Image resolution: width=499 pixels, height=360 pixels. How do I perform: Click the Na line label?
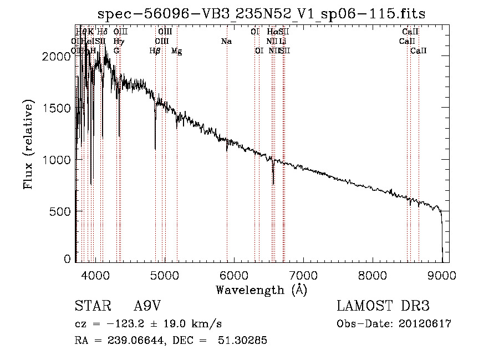[226, 41]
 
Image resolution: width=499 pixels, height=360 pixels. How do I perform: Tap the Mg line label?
[176, 51]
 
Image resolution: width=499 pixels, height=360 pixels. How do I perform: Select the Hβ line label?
[155, 51]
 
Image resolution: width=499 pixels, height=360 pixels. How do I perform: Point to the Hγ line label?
[118, 41]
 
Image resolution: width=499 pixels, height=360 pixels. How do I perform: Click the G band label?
[116, 51]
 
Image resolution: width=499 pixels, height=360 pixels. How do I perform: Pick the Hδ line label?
[103, 32]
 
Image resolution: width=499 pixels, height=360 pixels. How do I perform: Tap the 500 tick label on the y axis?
[63, 211]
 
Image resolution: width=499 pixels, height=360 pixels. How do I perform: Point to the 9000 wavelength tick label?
[442, 275]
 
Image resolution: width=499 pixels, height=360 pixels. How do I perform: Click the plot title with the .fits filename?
[261, 14]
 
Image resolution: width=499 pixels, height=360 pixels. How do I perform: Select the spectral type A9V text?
[149, 307]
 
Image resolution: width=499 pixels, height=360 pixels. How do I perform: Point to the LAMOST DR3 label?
[383, 307]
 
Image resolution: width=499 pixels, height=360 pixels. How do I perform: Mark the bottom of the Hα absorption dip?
[273, 184]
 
